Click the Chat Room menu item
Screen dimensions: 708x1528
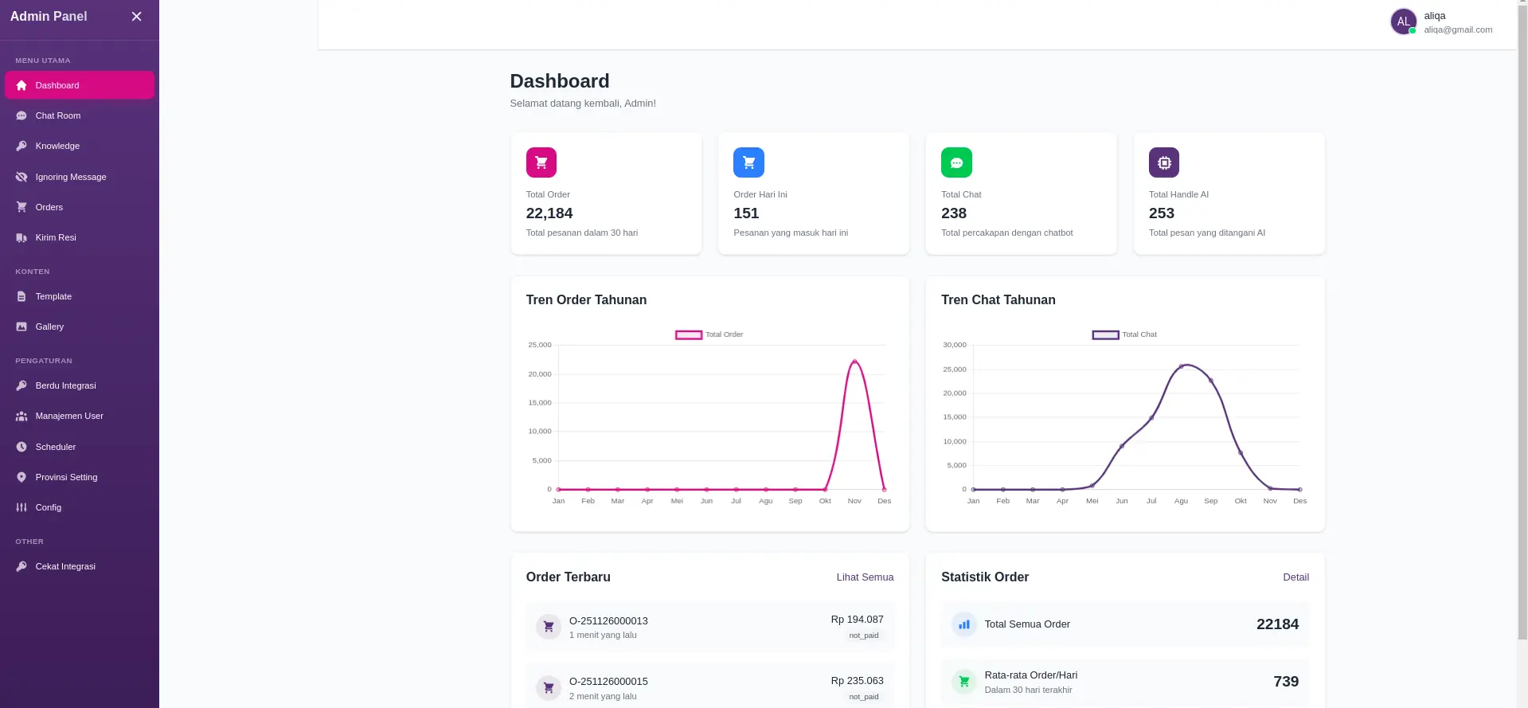tap(57, 115)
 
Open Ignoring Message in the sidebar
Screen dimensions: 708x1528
tap(70, 177)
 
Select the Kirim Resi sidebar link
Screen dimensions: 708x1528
tap(56, 237)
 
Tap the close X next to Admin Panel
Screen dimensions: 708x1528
tap(136, 17)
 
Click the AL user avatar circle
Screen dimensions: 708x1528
tap(1403, 22)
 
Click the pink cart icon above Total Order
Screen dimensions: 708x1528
tap(541, 162)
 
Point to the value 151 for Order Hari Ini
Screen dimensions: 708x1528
tap(746, 213)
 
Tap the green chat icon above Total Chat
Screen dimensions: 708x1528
tap(956, 162)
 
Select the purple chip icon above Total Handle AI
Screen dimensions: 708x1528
tap(1163, 162)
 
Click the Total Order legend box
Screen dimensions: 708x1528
tap(689, 334)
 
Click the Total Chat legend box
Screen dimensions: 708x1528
tap(1105, 334)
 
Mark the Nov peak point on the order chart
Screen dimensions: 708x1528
tap(854, 362)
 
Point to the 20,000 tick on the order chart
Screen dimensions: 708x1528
tap(540, 374)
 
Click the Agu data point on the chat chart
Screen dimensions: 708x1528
tap(1181, 366)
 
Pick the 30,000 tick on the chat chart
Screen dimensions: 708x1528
tap(954, 345)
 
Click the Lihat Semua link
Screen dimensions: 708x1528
tap(865, 577)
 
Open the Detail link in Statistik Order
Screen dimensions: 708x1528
tap(1295, 577)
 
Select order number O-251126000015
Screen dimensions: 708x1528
tap(608, 682)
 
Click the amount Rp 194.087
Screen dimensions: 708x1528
tap(857, 620)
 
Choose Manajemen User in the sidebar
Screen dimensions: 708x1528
tap(69, 416)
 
